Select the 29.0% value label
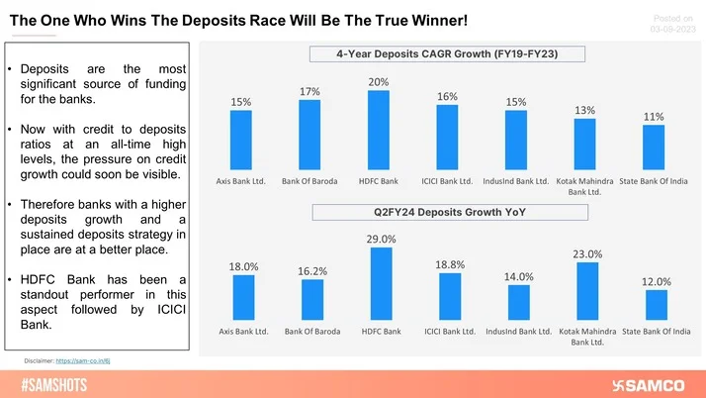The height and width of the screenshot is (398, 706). pyautogui.click(x=381, y=239)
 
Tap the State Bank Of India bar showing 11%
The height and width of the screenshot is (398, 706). pyautogui.click(x=654, y=147)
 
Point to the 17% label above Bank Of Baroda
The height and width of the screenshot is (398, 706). pyautogui.click(x=309, y=91)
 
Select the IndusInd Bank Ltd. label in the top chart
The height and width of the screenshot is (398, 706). pyautogui.click(x=516, y=180)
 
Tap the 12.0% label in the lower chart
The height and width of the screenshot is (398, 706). pyautogui.click(x=657, y=281)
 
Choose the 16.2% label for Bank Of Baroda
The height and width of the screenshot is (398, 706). pyautogui.click(x=311, y=270)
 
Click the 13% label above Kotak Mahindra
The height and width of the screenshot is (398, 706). pyautogui.click(x=584, y=110)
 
